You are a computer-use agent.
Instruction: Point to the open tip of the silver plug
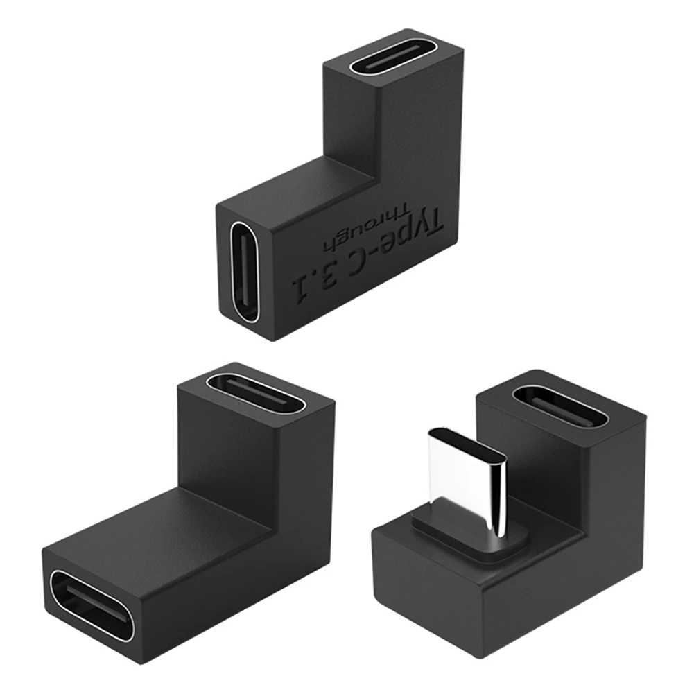pos(466,444)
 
